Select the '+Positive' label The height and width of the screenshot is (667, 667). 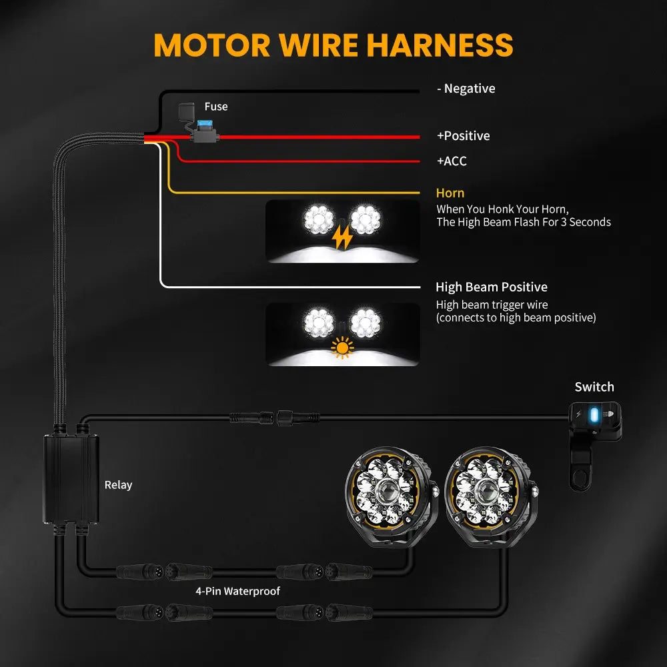tap(463, 136)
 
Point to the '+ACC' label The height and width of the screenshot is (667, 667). tap(452, 161)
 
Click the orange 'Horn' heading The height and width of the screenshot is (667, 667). tap(450, 193)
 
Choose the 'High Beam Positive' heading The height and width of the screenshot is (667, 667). tap(492, 287)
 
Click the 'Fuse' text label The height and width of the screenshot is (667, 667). tap(215, 107)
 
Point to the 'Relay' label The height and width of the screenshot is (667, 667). tap(118, 485)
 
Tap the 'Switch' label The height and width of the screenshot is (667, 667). tap(594, 387)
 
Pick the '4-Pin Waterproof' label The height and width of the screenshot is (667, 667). tap(237, 591)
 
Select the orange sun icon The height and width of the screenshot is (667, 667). tap(342, 348)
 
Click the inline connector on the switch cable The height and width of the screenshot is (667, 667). tap(275, 418)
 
